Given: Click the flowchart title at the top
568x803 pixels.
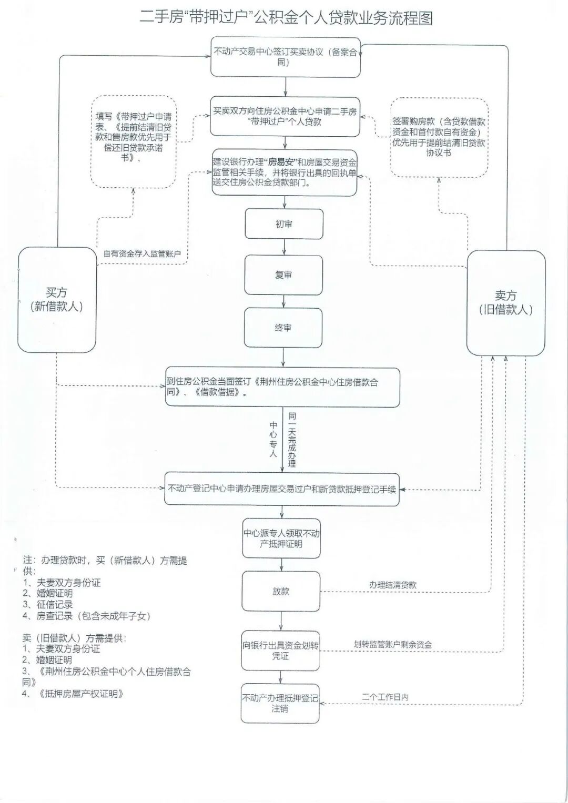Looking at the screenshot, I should [286, 18].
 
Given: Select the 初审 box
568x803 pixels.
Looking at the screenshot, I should [284, 224].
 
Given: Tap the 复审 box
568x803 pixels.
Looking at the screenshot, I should [283, 275].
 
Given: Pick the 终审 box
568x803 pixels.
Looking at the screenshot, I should [283, 328].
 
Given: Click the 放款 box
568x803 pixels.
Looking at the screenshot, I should [281, 592].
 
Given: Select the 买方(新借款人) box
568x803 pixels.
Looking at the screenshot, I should [57, 300].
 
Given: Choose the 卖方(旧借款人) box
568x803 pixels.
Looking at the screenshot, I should [505, 303].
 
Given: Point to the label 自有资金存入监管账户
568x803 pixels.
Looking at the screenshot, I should [142, 254].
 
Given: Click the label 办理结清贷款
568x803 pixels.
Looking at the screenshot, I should [392, 585].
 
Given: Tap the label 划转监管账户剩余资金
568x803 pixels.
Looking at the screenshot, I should [392, 645].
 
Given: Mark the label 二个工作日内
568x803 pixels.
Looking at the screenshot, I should [385, 697].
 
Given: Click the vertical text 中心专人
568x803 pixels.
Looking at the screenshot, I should [273, 439].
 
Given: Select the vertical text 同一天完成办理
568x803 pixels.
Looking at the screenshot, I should [292, 440].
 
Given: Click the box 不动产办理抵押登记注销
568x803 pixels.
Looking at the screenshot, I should [280, 704].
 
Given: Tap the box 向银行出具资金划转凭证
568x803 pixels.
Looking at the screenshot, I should [280, 651].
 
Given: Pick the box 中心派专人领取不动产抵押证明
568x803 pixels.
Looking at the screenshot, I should [281, 538].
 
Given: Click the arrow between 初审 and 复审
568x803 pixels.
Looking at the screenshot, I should [284, 247].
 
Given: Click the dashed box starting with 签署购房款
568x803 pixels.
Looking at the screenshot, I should [439, 137].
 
